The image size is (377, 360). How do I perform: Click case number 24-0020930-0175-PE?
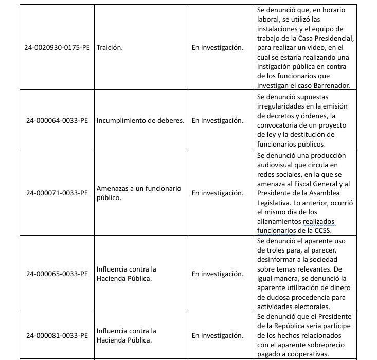[57, 47]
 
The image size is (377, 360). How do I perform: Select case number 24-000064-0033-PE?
[57, 120]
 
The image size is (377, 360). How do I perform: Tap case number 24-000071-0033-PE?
[57, 193]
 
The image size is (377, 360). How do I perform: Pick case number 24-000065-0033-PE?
[57, 274]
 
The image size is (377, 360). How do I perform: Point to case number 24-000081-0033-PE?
[57, 335]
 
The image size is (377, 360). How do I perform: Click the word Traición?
[110, 47]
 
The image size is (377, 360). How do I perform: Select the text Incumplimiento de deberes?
[140, 120]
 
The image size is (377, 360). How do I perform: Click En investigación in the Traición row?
[218, 47]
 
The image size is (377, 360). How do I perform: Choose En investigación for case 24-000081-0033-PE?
[218, 335]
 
